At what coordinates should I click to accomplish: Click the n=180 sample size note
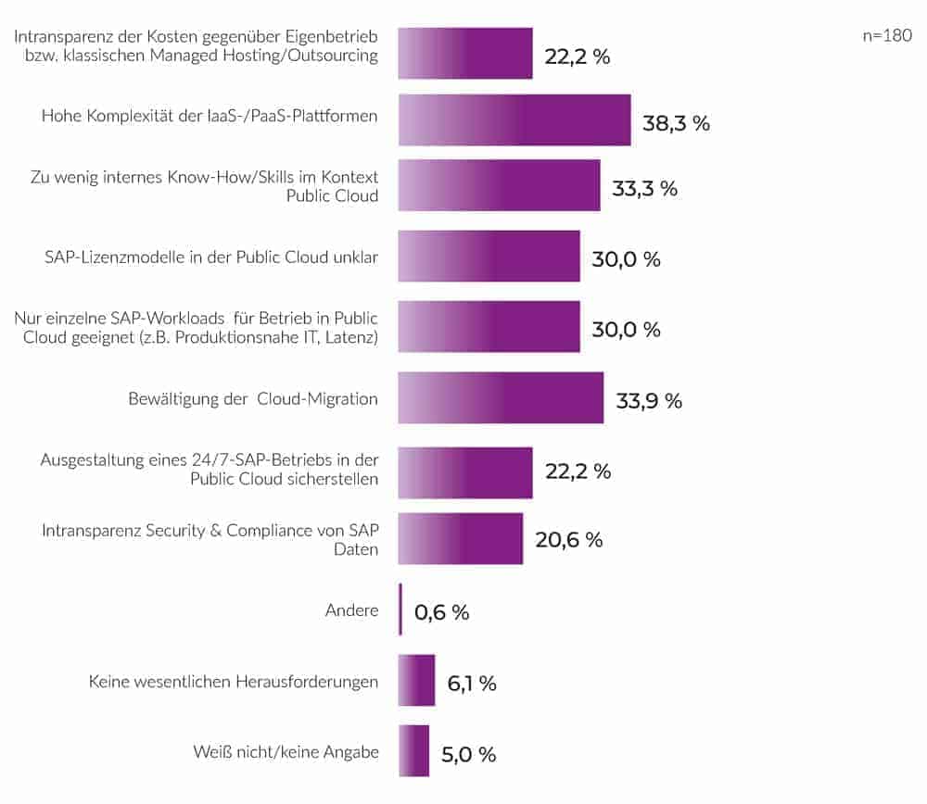887,36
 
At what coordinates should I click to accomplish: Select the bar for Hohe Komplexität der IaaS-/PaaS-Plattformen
514,119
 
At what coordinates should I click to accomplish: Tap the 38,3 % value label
676,122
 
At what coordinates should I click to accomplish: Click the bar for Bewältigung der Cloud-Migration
501,398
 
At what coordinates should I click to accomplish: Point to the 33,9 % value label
649,401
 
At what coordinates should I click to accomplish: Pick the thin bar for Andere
400,609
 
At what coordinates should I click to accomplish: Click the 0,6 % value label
442,612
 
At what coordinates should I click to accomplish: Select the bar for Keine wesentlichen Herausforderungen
416,681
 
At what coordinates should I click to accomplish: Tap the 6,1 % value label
472,684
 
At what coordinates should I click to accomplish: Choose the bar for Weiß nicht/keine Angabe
413,751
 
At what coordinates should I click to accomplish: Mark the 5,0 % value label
469,754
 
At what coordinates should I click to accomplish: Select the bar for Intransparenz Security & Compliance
461,538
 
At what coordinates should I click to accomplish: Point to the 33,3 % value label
645,189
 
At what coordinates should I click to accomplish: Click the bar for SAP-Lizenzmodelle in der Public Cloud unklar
489,257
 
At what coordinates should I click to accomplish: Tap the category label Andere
351,610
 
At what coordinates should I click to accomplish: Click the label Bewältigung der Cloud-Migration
253,399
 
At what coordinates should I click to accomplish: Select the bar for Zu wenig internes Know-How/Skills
499,185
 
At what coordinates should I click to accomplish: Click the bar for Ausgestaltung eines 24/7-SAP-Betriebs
465,472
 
